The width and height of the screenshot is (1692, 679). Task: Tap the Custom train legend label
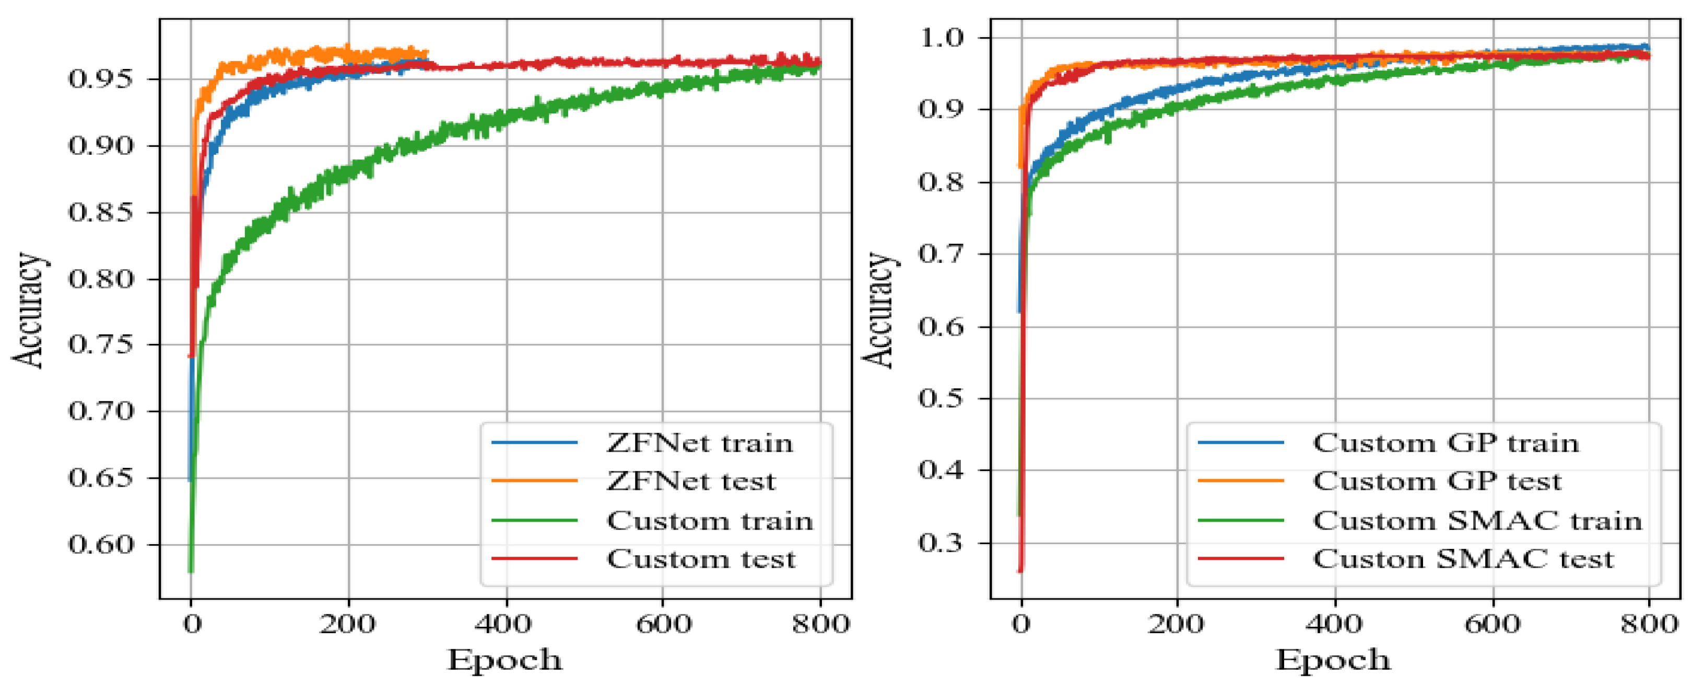pyautogui.click(x=709, y=521)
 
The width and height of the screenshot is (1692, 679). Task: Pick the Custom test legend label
pyautogui.click(x=700, y=559)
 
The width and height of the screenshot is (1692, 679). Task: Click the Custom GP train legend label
pyautogui.click(x=1446, y=443)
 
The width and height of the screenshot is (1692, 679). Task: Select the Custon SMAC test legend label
pyautogui.click(x=1463, y=559)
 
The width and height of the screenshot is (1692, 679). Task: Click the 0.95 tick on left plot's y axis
pyautogui.click(x=100, y=79)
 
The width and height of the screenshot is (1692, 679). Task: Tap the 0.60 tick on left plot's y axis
pyautogui.click(x=100, y=544)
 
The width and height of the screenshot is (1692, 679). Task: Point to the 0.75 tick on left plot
pyautogui.click(x=100, y=344)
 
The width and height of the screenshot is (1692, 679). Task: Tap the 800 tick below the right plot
pyautogui.click(x=1649, y=623)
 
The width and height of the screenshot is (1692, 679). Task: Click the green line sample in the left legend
pyautogui.click(x=534, y=521)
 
